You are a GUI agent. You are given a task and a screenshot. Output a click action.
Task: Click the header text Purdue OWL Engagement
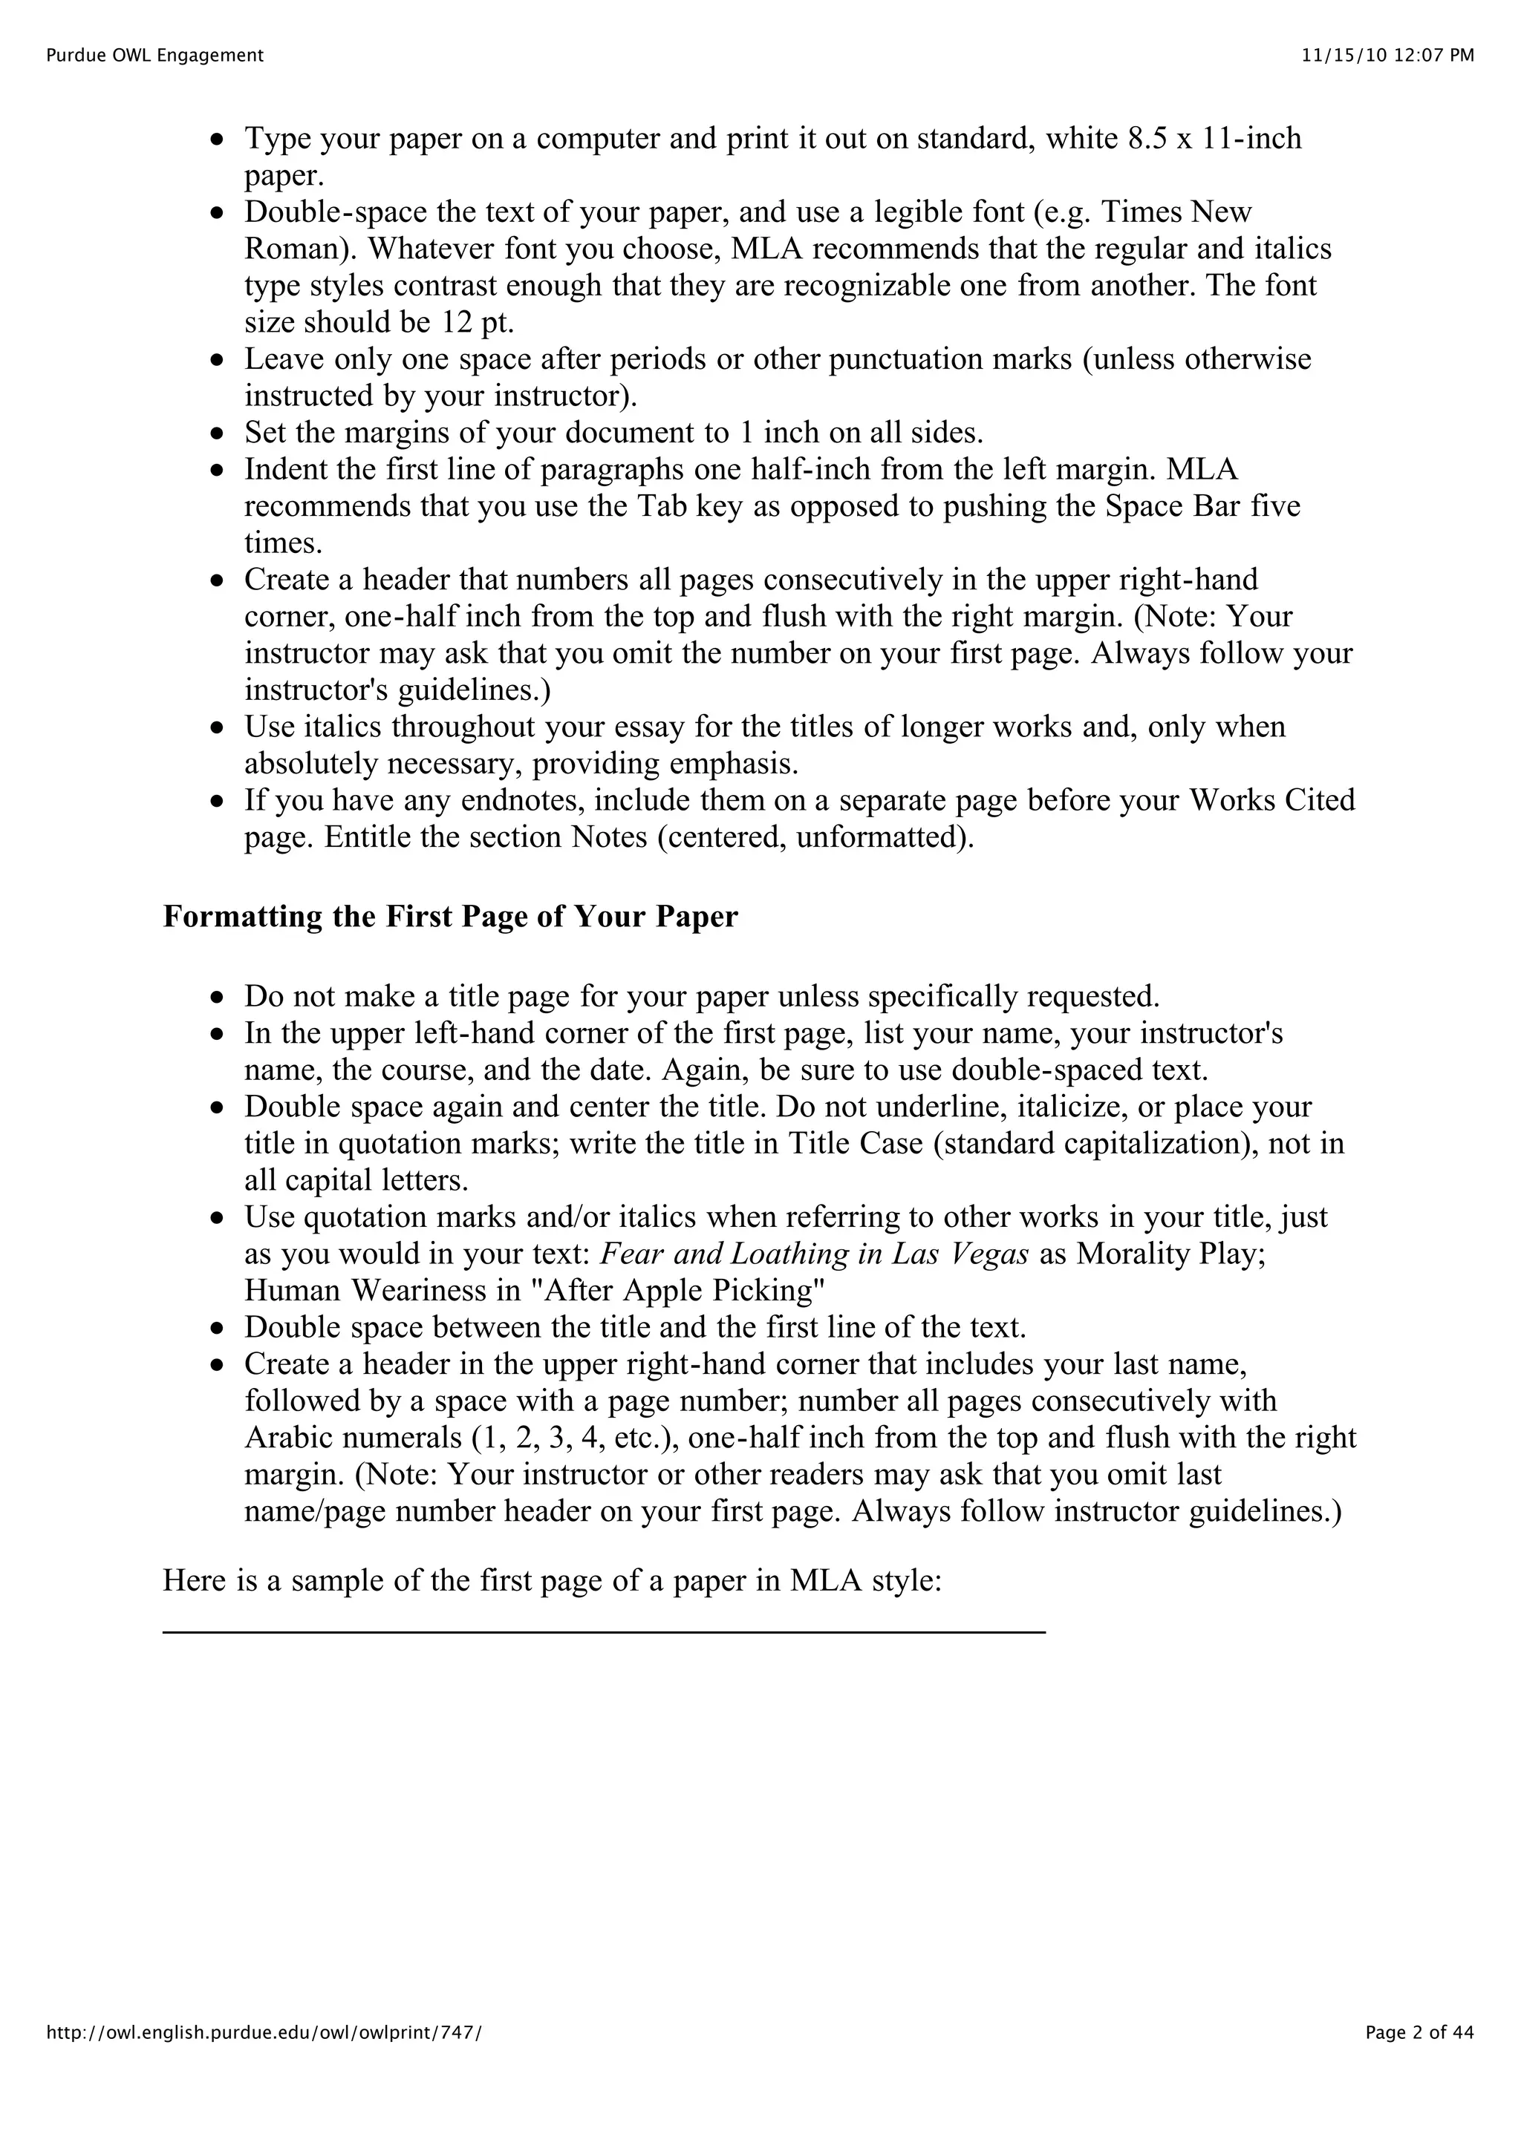point(154,55)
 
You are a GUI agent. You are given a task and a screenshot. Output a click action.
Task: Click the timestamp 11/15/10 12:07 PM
point(1387,55)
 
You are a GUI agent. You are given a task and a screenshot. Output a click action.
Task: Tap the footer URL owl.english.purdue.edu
point(264,2058)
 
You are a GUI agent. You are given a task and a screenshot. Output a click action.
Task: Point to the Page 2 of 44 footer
point(1419,2058)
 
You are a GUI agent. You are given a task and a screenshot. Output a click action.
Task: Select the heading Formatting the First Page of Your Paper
point(450,916)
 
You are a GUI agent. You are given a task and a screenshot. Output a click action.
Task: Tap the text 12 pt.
point(478,322)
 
